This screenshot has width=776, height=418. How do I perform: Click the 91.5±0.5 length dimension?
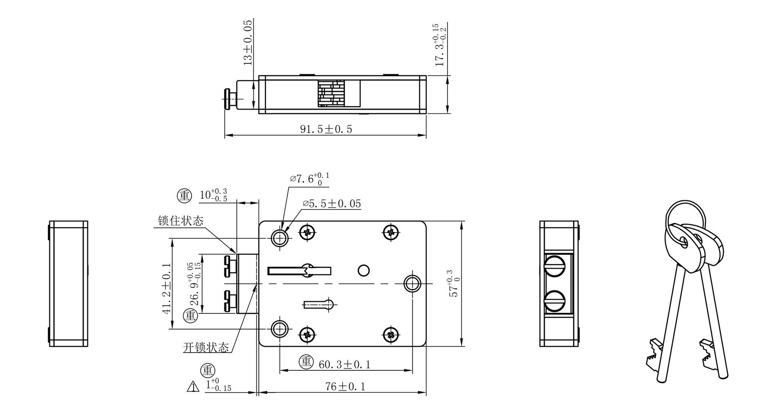coord(326,129)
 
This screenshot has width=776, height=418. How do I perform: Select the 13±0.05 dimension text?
coord(248,42)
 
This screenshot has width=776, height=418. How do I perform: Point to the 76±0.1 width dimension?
coord(346,386)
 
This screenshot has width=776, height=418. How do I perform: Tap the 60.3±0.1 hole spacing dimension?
coord(344,365)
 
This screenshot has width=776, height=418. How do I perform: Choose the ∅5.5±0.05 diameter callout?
coord(331,204)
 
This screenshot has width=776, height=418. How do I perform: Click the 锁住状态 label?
coord(181,221)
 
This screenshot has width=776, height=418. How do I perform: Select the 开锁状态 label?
coord(206,347)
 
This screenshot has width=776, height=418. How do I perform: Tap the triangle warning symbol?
coord(193,386)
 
